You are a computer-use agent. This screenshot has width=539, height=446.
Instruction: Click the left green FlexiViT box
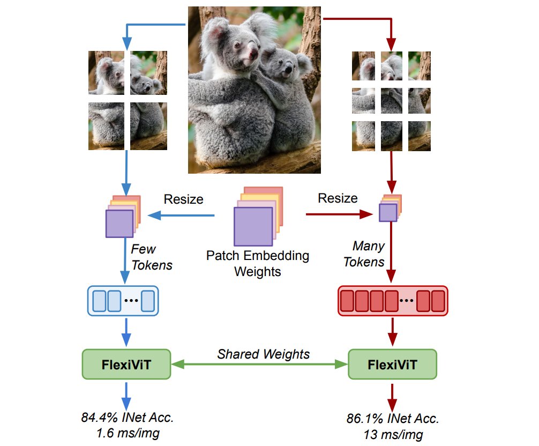pyautogui.click(x=126, y=364)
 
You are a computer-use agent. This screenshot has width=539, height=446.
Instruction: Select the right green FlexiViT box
pyautogui.click(x=392, y=364)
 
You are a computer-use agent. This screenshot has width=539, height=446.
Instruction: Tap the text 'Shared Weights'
pyautogui.click(x=263, y=354)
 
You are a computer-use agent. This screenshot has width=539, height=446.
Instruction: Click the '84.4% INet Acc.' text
pyautogui.click(x=127, y=417)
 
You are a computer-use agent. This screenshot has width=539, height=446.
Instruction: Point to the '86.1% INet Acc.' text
pyautogui.click(x=393, y=418)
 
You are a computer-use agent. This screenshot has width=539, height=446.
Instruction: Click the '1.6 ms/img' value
pyautogui.click(x=128, y=433)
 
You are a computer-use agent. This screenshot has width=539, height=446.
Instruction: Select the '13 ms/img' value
pyautogui.click(x=393, y=434)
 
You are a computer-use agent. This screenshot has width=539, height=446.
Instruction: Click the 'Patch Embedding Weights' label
pyautogui.click(x=258, y=263)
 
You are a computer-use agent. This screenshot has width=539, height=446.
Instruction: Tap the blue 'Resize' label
pyautogui.click(x=183, y=199)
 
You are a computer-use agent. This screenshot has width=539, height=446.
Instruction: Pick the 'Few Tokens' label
pyautogui.click(x=151, y=257)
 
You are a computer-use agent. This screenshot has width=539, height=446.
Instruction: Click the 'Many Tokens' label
pyautogui.click(x=364, y=254)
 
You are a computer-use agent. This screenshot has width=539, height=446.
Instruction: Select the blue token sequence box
pyautogui.click(x=123, y=301)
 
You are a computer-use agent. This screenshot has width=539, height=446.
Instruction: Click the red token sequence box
pyautogui.click(x=393, y=301)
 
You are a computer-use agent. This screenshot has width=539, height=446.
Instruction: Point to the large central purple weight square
pyautogui.click(x=253, y=226)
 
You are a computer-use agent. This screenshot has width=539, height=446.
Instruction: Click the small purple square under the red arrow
pyautogui.click(x=388, y=212)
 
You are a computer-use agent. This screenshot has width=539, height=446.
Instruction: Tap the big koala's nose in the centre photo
pyautogui.click(x=253, y=53)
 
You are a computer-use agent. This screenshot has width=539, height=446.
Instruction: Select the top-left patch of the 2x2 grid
pyautogui.click(x=106, y=72)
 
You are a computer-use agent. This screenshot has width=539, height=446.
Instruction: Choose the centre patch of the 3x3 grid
pyautogui.click(x=391, y=101)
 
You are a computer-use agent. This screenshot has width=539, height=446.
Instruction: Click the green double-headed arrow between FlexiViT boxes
pyautogui.click(x=259, y=364)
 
